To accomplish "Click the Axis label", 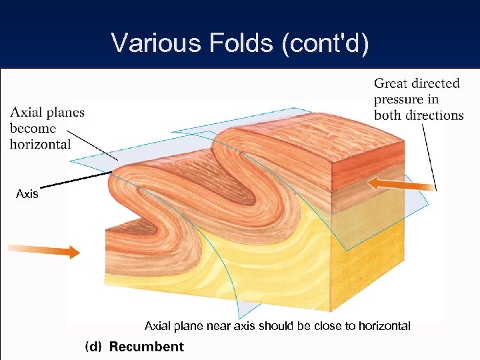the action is click(x=27, y=194).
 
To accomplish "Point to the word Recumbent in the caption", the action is click(x=146, y=347).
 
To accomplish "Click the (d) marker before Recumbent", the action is click(x=94, y=347).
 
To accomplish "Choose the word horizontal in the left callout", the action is click(x=40, y=144).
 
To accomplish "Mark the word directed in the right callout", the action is click(x=435, y=83).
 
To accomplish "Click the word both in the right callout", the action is click(x=388, y=115).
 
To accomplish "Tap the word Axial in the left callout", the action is click(x=27, y=112).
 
